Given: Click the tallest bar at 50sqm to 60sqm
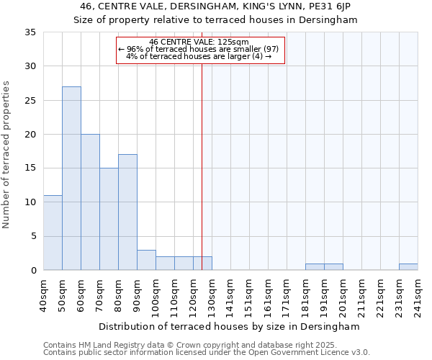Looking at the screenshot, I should [71, 178].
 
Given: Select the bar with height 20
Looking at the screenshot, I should [90, 202].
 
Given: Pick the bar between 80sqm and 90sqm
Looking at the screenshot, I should [127, 212].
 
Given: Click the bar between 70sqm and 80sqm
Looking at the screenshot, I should [109, 219].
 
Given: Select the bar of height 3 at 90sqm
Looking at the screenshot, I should [146, 260].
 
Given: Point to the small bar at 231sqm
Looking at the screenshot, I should [408, 267].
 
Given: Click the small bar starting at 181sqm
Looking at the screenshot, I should [315, 267].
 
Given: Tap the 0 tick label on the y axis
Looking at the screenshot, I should [33, 271].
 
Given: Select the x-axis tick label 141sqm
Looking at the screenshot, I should [230, 295].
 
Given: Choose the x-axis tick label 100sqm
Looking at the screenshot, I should [156, 295].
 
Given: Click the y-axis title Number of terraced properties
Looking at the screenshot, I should [7, 155].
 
